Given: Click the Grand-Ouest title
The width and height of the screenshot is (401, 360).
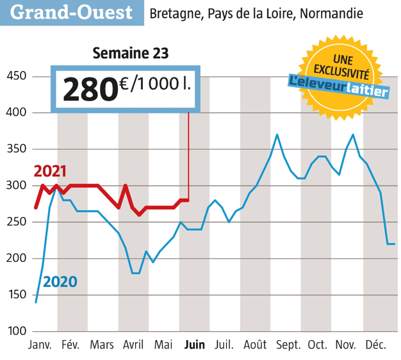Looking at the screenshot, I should click(x=72, y=13).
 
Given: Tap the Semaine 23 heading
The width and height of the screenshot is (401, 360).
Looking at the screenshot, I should click(x=131, y=53).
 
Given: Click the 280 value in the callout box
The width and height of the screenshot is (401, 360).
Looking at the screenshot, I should click(x=90, y=90).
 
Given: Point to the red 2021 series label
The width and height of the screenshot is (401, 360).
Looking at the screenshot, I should click(x=51, y=172).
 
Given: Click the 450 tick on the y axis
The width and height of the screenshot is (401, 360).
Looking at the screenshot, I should click(x=15, y=77).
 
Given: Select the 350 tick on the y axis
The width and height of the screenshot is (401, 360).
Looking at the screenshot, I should click(x=15, y=149).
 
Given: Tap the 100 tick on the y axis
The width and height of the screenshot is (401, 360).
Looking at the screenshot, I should click(x=15, y=331).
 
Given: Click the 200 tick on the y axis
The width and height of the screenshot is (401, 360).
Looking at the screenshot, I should click(x=15, y=258).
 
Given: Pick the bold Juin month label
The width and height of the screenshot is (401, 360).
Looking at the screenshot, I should click(x=194, y=345).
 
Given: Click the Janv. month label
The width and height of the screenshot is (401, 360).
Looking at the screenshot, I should click(x=40, y=345).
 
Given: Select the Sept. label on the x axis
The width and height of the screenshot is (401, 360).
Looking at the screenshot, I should click(x=288, y=345).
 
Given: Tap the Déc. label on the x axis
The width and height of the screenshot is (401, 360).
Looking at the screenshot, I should click(x=375, y=345).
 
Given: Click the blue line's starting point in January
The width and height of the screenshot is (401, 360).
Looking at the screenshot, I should click(x=36, y=302).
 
